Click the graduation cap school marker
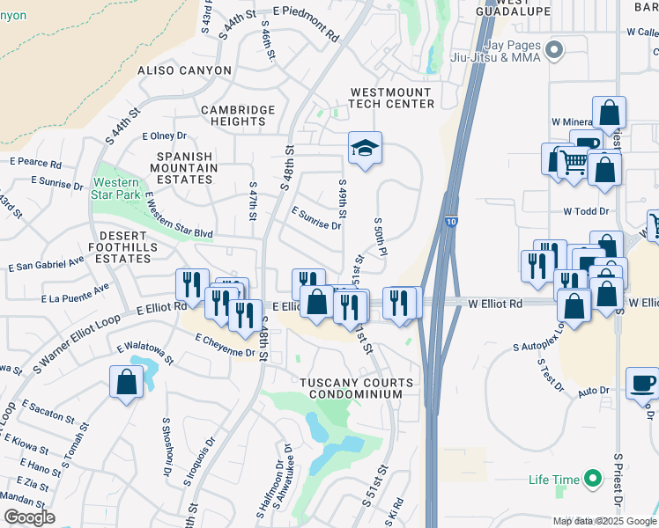point(364,149)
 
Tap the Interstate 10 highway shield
point(450,225)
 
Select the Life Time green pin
point(593,480)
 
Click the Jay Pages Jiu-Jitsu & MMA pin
point(553,49)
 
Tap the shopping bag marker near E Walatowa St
point(126,382)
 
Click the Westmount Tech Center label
point(391,98)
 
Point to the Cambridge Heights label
point(238,115)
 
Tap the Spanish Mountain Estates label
point(185,167)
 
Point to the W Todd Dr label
point(586,211)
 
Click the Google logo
point(29,517)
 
